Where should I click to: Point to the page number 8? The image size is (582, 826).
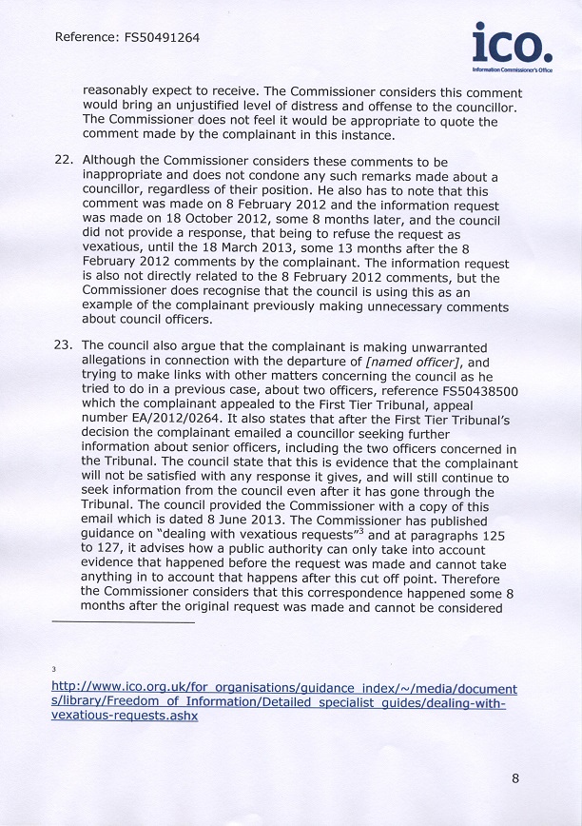tap(515, 778)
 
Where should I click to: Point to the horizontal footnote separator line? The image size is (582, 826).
tap(124, 622)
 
